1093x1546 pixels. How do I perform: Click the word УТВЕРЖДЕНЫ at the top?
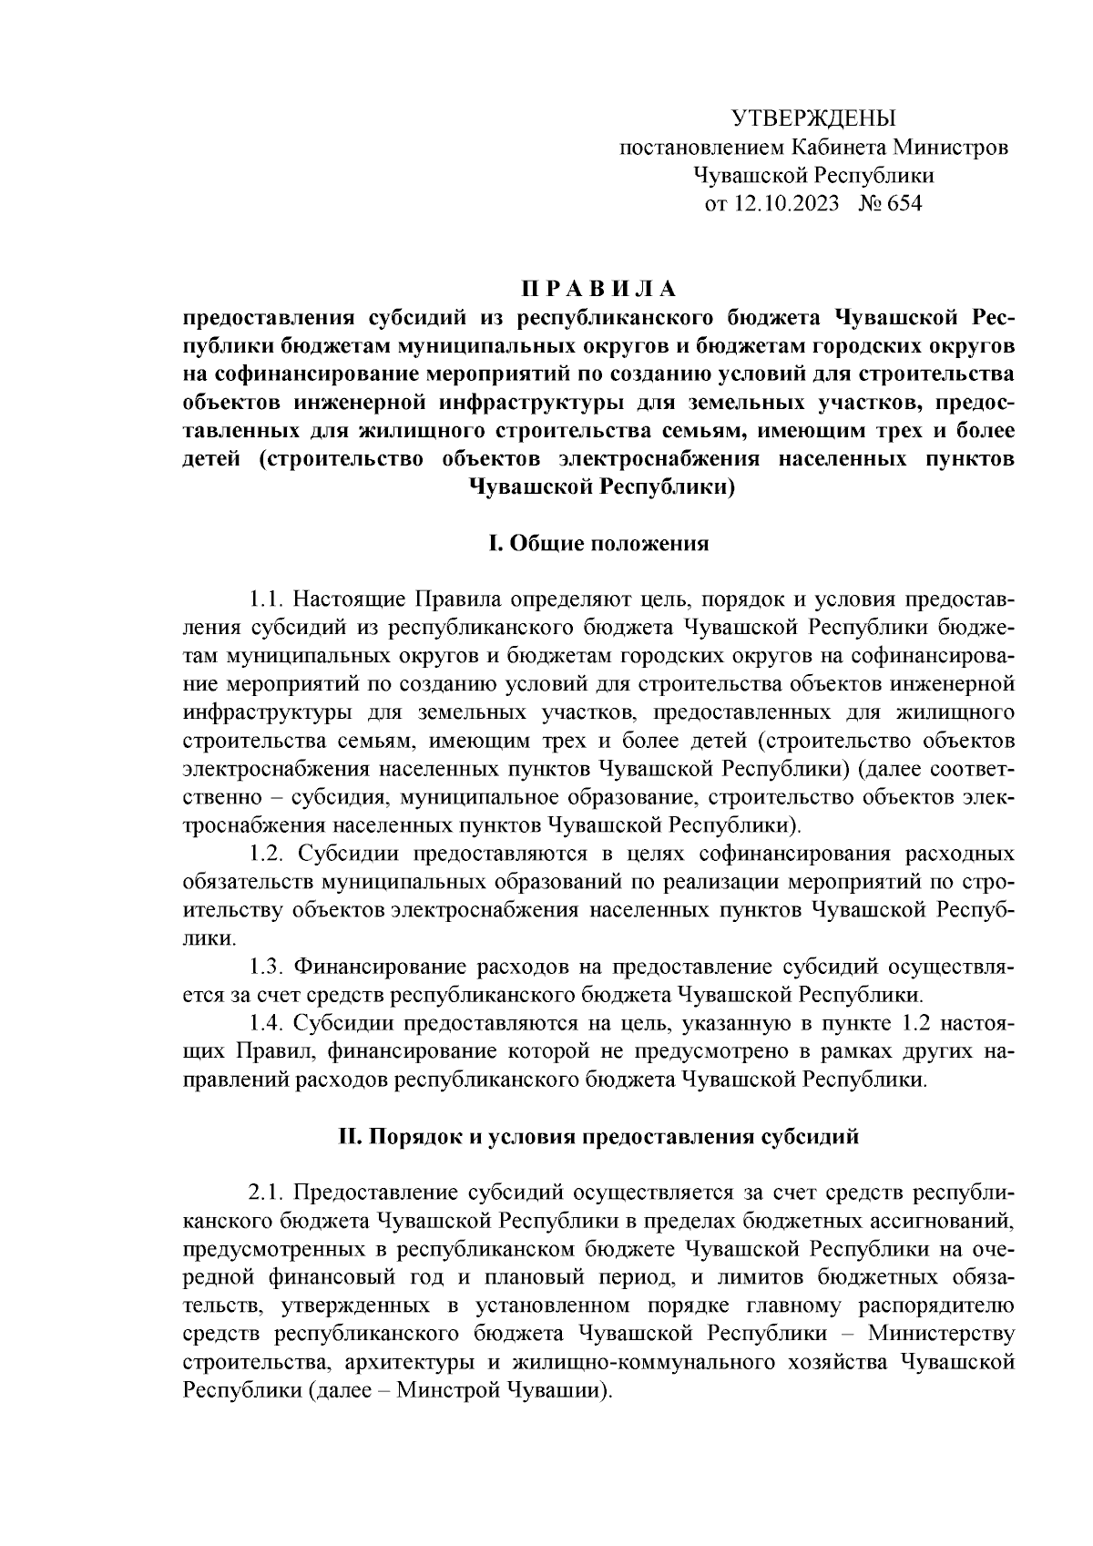[x=814, y=118]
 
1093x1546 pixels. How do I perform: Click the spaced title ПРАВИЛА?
[x=598, y=290]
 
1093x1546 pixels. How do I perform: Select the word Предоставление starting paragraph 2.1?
[x=374, y=1193]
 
